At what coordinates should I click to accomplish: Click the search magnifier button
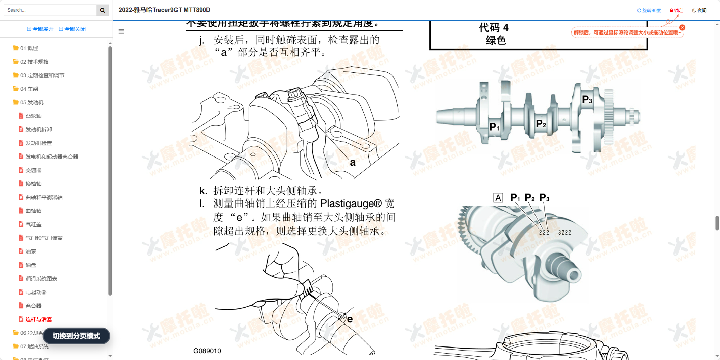102,10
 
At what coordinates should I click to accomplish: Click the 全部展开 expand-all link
40,29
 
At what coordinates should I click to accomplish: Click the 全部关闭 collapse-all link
72,29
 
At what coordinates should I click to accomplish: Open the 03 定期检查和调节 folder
42,75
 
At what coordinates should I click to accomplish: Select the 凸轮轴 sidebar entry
33,116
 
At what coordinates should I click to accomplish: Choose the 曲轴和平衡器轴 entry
44,197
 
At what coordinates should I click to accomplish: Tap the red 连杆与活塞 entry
38,319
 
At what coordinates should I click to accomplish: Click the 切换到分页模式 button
76,336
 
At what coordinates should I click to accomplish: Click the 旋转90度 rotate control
649,11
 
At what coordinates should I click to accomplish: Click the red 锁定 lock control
676,11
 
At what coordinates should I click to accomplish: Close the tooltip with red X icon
682,27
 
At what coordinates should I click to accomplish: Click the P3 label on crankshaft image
587,99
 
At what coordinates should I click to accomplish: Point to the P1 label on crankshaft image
494,127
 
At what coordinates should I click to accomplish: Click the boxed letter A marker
498,198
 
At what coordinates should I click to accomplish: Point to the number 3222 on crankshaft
564,233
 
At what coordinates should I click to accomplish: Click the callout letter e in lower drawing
350,319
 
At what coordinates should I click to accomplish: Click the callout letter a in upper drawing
352,163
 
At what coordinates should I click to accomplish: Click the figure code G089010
207,351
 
